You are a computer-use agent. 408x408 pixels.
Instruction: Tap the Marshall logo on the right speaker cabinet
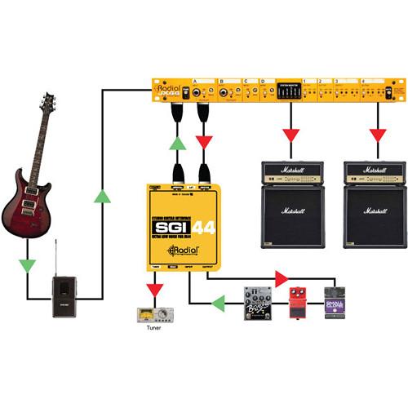tap(375, 211)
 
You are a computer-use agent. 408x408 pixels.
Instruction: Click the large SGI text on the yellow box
tap(170, 228)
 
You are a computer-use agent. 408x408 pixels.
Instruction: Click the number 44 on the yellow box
tap(204, 228)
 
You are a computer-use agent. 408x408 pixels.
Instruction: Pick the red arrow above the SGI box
tap(204, 144)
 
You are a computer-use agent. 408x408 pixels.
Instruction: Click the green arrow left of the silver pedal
tap(219, 304)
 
